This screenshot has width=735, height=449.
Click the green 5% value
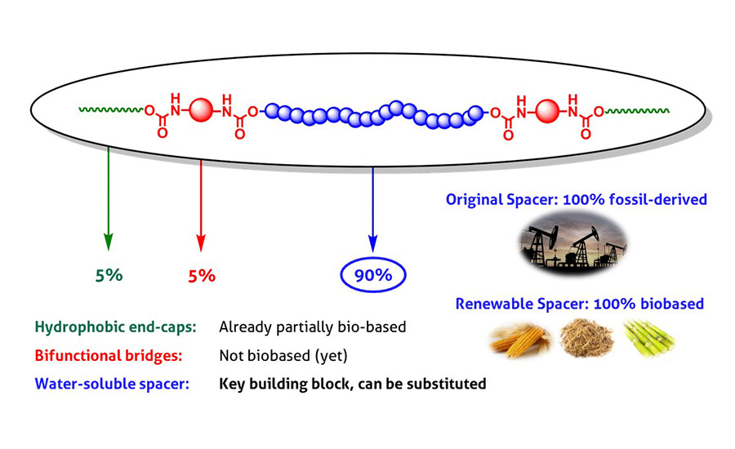(x=109, y=275)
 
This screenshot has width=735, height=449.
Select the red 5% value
(x=202, y=275)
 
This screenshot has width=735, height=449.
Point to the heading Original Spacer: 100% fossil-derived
(x=576, y=199)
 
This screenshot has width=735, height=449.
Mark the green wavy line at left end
(x=111, y=109)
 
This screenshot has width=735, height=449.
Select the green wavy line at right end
(x=633, y=109)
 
